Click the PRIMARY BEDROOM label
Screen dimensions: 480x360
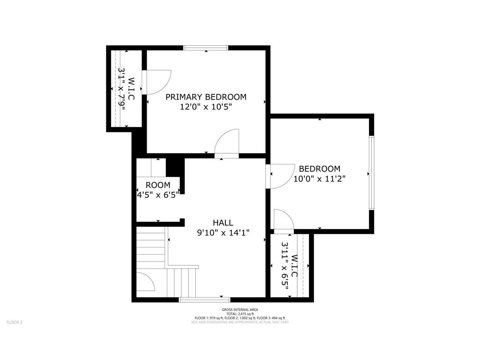[x=206, y=97]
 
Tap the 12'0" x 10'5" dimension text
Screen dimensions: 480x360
[x=206, y=107]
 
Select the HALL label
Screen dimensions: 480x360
[x=223, y=223]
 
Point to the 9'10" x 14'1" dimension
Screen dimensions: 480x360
[x=223, y=233]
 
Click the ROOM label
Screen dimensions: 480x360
[x=158, y=185]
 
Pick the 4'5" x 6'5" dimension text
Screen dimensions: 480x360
[x=157, y=195]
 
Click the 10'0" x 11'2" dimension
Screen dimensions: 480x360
[x=320, y=179]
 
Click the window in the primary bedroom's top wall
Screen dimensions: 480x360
[x=206, y=48]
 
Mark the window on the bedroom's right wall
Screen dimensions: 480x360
[x=372, y=173]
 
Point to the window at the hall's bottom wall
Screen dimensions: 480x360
[x=204, y=300]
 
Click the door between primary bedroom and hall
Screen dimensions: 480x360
[x=226, y=144]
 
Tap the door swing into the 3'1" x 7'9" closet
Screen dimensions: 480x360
[x=157, y=82]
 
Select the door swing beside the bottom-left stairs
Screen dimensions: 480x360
[x=146, y=282]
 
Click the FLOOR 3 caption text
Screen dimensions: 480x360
[x=15, y=322]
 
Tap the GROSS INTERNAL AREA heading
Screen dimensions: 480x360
[x=240, y=310]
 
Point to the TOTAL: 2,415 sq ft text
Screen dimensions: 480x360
[x=240, y=314]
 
